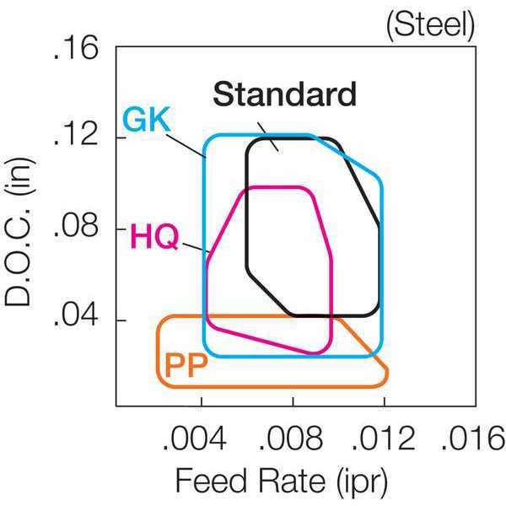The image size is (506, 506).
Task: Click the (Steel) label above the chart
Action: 430,25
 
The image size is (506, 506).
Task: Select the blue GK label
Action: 147,120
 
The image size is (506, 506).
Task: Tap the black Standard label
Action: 285,94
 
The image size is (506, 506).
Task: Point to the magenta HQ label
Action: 154,236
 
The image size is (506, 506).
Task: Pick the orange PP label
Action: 186,365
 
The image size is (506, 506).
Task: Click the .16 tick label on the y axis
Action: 76,48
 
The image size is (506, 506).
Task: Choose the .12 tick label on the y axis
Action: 76,134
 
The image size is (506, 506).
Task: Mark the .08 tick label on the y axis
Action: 76,225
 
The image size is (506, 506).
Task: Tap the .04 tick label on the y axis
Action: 76,315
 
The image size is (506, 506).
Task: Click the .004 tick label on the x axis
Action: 195,439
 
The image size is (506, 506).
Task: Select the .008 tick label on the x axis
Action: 290,439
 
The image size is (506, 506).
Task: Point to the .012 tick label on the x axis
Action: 383,439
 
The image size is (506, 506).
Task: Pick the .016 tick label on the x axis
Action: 473,439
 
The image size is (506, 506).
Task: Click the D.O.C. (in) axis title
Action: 19,231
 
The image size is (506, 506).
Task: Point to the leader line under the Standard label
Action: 268,137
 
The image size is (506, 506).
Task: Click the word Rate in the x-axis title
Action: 292,480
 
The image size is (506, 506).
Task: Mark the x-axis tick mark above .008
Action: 293,401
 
